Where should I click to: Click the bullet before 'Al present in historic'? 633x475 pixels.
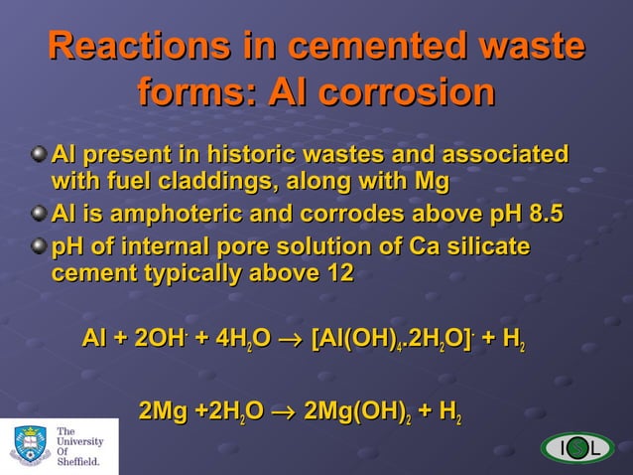[38, 156]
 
